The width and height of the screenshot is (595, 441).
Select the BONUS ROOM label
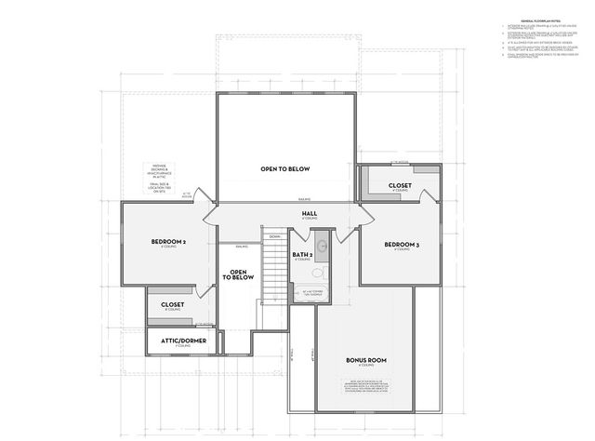[x=365, y=360]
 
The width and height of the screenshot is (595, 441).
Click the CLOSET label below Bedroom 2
[x=172, y=303]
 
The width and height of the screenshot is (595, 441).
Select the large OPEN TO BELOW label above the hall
[x=284, y=168]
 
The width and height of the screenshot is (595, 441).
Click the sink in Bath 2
[x=322, y=247]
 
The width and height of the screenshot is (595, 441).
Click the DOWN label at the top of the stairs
[x=275, y=237]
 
